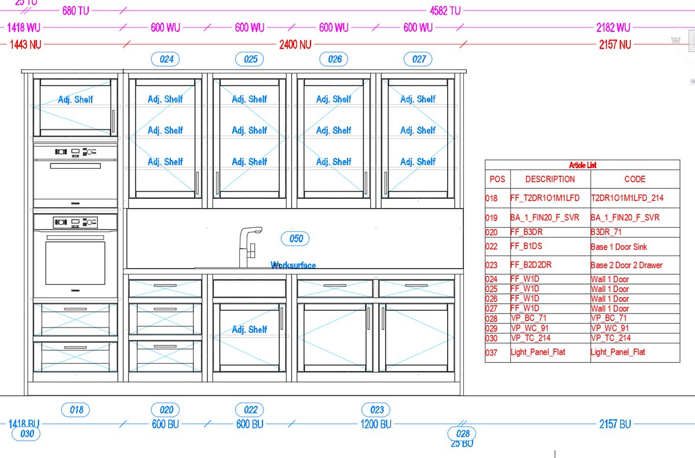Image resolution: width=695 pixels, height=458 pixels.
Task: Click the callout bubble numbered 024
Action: (x=166, y=59)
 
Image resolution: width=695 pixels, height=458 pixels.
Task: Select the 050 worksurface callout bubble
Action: (x=295, y=238)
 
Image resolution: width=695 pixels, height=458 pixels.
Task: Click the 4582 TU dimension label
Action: (x=445, y=10)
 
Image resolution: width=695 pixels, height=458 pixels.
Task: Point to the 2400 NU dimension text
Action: (x=295, y=45)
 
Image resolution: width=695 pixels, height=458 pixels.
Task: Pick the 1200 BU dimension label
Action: (x=376, y=424)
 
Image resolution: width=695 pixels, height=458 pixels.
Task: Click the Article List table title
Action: (x=582, y=165)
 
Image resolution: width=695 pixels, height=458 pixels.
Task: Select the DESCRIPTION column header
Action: (x=550, y=179)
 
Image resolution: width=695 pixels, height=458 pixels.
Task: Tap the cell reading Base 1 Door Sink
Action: (x=619, y=247)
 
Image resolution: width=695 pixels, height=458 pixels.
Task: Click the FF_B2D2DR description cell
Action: (x=531, y=265)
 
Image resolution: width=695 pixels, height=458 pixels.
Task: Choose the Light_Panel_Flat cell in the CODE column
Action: (x=617, y=352)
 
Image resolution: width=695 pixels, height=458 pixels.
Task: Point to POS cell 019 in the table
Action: (x=491, y=218)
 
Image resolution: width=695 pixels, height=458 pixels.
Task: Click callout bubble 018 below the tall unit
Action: (x=76, y=410)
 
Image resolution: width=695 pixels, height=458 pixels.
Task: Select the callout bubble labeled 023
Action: (x=376, y=410)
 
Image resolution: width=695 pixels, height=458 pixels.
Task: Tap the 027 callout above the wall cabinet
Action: (x=419, y=59)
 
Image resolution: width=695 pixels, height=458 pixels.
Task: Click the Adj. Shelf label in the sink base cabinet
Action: (x=250, y=329)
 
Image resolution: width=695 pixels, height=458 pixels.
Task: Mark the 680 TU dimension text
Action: (x=76, y=10)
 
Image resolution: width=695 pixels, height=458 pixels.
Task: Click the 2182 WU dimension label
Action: (x=613, y=27)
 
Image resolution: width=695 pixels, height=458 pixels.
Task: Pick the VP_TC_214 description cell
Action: (x=531, y=338)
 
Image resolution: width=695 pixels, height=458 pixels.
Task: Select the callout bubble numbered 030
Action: (x=27, y=434)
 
